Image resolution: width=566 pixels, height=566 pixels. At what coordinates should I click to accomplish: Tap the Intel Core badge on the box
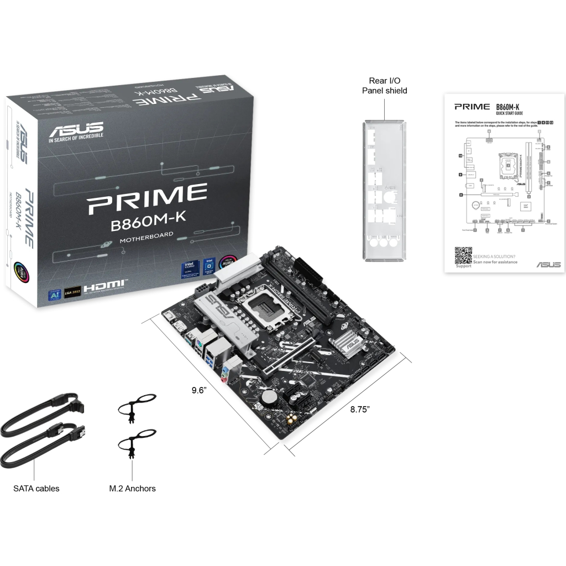pyautogui.click(x=189, y=269)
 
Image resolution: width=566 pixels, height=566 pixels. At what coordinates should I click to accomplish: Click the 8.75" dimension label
pyautogui.click(x=360, y=409)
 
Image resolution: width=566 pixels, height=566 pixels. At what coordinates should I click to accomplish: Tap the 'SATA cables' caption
pyautogui.click(x=36, y=488)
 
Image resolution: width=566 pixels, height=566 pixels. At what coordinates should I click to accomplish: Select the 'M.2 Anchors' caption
pyautogui.click(x=133, y=488)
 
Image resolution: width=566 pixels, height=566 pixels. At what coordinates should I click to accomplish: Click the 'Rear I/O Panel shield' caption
pyautogui.click(x=385, y=86)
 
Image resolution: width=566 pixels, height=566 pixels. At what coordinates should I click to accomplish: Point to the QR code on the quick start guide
pyautogui.click(x=463, y=255)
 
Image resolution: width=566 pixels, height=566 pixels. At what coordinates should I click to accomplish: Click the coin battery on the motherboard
pyautogui.click(x=270, y=397)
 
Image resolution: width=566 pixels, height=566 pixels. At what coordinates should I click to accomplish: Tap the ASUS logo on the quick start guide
pyautogui.click(x=548, y=265)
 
